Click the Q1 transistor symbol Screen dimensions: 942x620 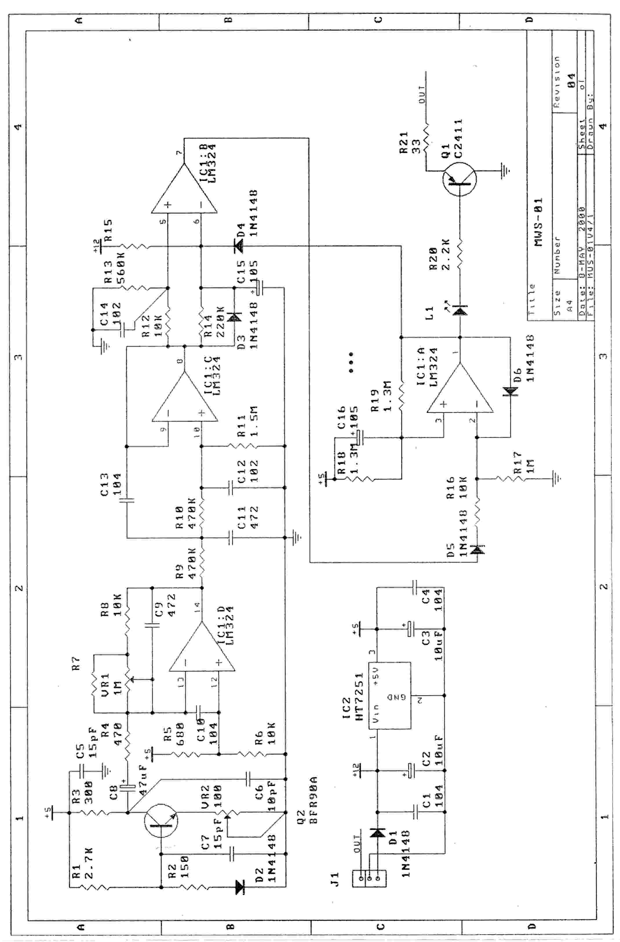click(x=459, y=179)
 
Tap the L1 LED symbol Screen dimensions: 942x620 click(x=460, y=310)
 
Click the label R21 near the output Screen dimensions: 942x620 click(x=404, y=144)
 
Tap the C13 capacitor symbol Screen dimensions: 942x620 click(x=127, y=500)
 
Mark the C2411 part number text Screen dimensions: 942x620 click(x=458, y=139)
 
